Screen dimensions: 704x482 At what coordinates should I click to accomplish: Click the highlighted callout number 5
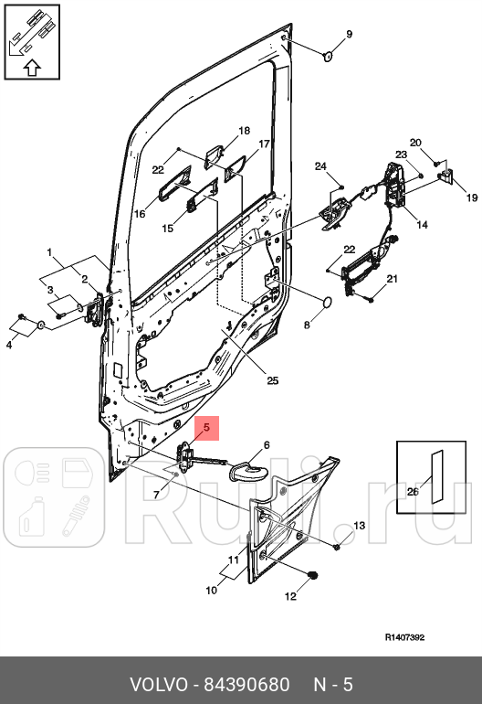point(206,427)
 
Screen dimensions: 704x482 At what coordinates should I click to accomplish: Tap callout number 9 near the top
point(348,35)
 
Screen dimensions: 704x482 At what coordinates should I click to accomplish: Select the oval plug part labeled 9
point(326,58)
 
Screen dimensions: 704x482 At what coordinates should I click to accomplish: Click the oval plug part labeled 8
point(322,302)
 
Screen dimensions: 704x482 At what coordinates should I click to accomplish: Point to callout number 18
point(244,131)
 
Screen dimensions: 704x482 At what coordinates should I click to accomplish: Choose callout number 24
point(320,165)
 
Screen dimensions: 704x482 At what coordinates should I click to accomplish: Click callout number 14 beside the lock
point(422,224)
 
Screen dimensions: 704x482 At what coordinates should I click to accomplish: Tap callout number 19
point(472,197)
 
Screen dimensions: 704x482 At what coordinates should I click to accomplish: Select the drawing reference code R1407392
point(403,637)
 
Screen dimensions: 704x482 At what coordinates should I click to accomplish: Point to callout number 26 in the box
point(412,491)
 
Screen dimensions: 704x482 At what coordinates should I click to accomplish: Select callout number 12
point(290,597)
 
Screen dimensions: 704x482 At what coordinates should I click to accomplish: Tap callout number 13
point(359,526)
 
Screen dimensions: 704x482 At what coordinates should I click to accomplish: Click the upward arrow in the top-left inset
point(30,67)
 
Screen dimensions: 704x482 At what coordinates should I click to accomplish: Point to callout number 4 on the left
point(9,345)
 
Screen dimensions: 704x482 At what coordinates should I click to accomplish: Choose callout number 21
point(392,279)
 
